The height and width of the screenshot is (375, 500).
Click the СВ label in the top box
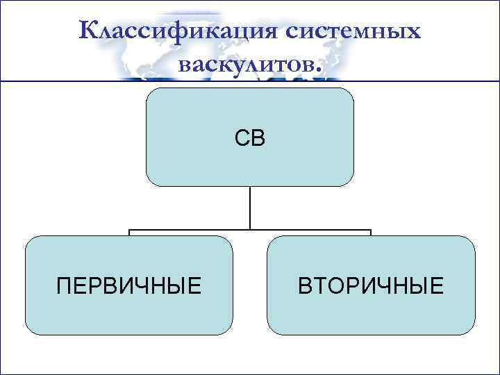[x=249, y=138]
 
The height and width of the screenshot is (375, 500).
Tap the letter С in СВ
[x=242, y=138]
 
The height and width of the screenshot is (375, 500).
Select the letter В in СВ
[x=258, y=138]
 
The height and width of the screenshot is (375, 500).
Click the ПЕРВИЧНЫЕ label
[x=129, y=285]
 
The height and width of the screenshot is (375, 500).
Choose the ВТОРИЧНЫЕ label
[x=370, y=285]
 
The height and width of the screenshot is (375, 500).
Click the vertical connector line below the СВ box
[x=250, y=208]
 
